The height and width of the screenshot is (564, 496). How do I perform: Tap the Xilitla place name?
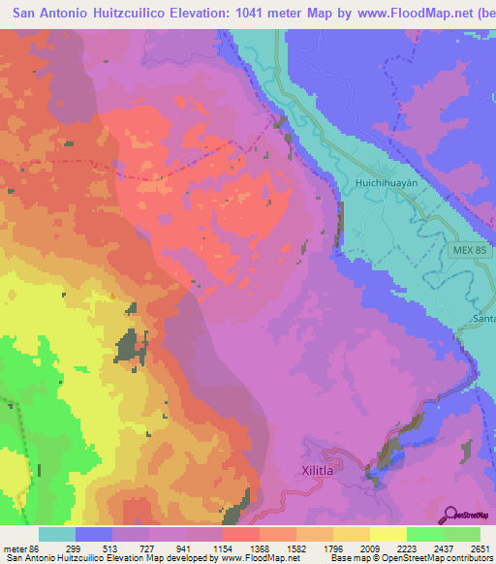pyautogui.click(x=316, y=471)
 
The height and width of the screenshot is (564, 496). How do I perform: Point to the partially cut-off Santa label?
pyautogui.click(x=483, y=318)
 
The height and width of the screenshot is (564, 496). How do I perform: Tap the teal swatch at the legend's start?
pyautogui.click(x=57, y=534)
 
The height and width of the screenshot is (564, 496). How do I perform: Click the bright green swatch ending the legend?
pyautogui.click(x=461, y=534)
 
